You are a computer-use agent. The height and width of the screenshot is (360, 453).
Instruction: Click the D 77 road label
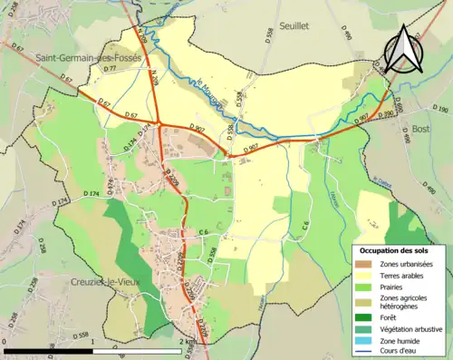[111, 69]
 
